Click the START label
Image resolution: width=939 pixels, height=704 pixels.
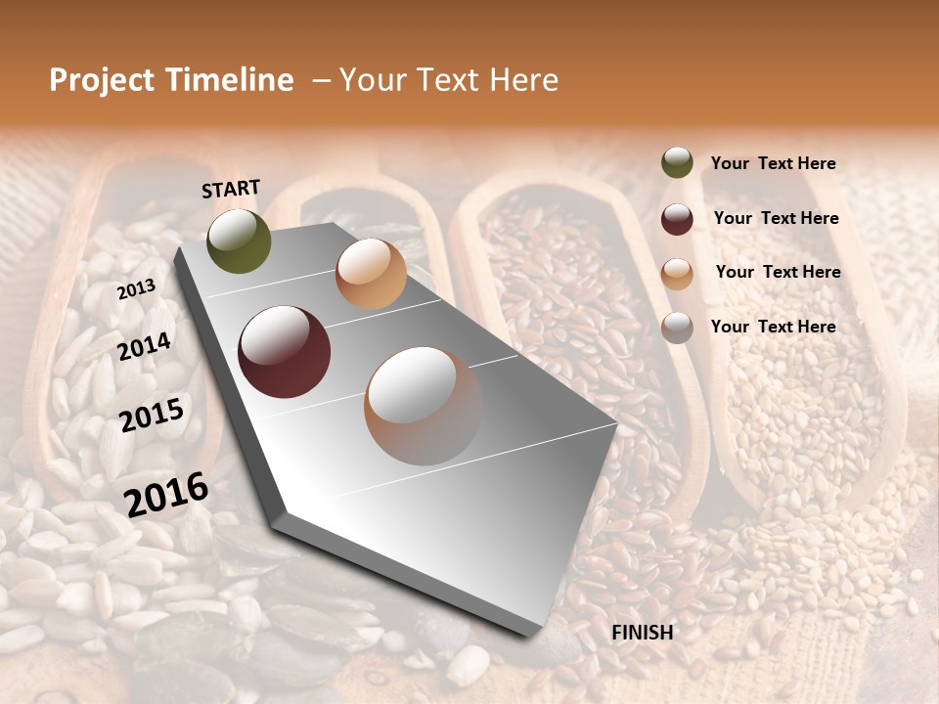231,189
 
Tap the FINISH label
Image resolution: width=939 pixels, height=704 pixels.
643,633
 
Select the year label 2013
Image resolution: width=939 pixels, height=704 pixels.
136,289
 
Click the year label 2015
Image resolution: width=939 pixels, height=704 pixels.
152,416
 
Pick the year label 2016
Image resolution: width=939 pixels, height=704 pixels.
166,494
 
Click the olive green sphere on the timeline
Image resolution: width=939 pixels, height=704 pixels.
240,242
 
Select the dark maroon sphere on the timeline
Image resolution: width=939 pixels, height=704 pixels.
285,352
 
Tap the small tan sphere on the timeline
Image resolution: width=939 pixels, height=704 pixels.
371,274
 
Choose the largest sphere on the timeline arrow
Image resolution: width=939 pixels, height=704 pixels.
424,406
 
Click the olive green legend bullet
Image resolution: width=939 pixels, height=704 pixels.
677,163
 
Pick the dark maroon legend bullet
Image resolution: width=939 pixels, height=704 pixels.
677,219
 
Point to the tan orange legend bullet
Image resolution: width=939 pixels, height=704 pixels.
677,274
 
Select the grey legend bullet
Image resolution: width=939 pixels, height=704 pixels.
677,328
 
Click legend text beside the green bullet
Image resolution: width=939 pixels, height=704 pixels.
773,163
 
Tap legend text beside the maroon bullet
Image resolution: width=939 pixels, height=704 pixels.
776,218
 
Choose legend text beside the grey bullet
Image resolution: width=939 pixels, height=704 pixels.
773,327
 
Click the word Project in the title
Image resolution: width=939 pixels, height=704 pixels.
103,80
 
